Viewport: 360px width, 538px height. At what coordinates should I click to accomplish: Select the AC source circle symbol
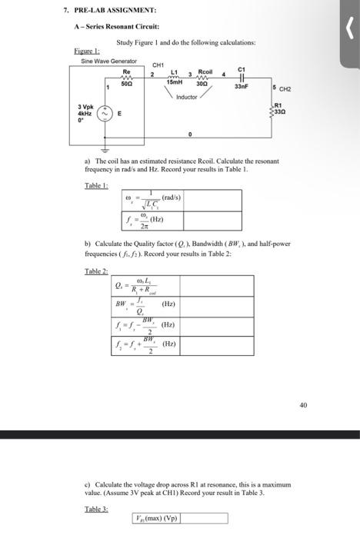click(105, 117)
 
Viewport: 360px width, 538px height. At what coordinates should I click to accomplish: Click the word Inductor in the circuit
click(187, 97)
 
